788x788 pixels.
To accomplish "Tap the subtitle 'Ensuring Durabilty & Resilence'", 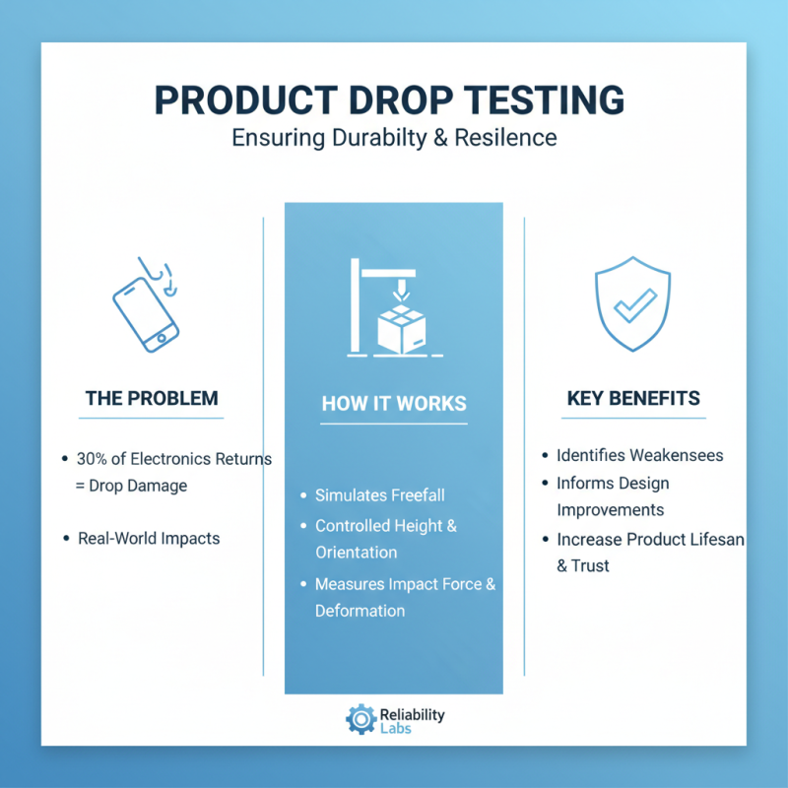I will click(x=394, y=137).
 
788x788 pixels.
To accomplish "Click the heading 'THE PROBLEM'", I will click(x=152, y=399).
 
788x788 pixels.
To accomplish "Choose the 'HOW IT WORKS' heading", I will click(x=394, y=404).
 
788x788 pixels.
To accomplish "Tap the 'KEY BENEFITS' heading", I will click(x=633, y=399).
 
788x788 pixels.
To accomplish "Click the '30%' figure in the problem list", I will click(x=92, y=459).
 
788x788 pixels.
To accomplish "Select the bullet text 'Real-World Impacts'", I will click(x=149, y=539).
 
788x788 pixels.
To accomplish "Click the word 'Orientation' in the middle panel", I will click(x=356, y=553).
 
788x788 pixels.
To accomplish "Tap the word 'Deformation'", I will click(x=360, y=611).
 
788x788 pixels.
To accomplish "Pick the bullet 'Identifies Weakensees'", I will click(x=639, y=455).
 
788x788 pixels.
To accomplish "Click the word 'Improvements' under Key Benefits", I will click(x=610, y=510).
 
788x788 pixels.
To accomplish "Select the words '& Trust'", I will click(x=583, y=565).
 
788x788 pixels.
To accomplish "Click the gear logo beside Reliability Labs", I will click(x=361, y=719).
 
